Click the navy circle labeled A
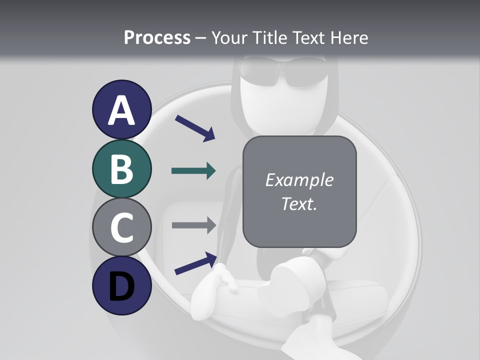click(121, 109)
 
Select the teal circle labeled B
click(121, 168)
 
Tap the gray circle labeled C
click(121, 227)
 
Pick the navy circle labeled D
click(121, 285)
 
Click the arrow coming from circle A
click(194, 127)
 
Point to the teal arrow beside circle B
click(193, 170)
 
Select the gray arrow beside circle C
click(193, 225)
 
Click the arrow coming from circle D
click(195, 263)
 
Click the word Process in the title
click(157, 37)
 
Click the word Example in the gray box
click(299, 180)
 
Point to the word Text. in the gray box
click(299, 203)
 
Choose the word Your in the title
click(228, 37)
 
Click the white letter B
click(121, 169)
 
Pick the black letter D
click(121, 286)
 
